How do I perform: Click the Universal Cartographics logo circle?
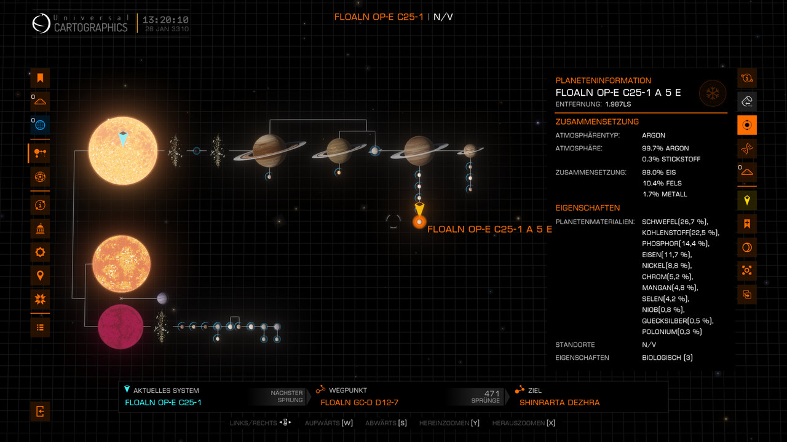tap(42, 23)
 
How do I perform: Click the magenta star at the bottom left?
tap(121, 327)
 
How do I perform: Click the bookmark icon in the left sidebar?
tap(40, 78)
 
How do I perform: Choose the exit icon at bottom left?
tap(40, 411)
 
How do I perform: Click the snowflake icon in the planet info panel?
tap(713, 93)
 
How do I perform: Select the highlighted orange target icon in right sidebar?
tap(747, 125)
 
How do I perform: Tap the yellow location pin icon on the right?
tap(747, 200)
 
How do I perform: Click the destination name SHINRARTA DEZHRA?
tap(560, 403)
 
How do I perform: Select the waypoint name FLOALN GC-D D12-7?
tap(360, 403)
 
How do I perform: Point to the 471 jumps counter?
tap(491, 393)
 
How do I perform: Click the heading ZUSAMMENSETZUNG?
tap(597, 122)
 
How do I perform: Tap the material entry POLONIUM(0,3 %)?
tap(671, 331)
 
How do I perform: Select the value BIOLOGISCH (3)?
tap(667, 357)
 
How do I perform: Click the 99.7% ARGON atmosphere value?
tap(665, 148)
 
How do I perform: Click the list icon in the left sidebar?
tap(40, 327)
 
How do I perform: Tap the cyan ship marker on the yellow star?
tap(123, 139)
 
